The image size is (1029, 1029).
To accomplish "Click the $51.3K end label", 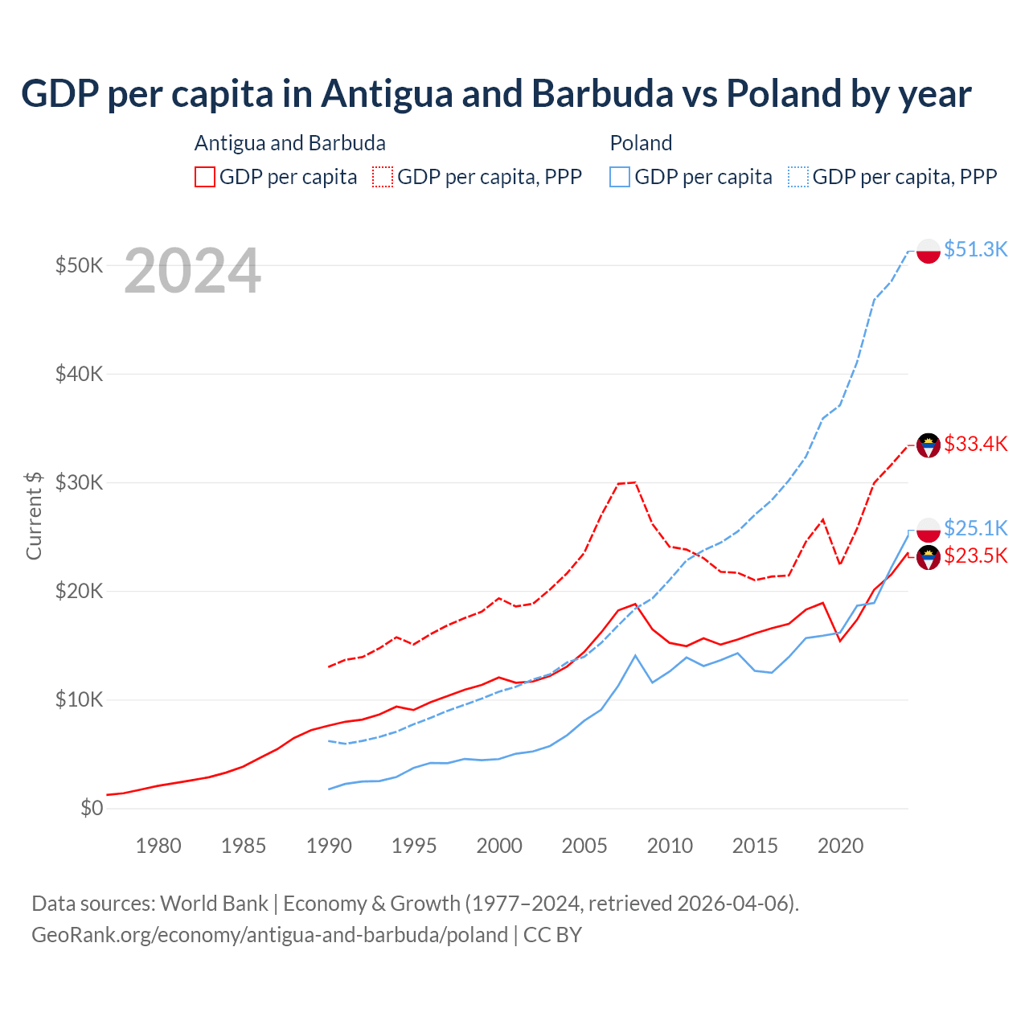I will tap(975, 249).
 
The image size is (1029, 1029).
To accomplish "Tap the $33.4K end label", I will tap(975, 444).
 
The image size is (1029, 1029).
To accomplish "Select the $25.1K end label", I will tap(975, 528).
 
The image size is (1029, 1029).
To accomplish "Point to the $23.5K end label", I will tap(975, 555).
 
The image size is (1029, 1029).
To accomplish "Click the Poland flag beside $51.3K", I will tap(929, 251).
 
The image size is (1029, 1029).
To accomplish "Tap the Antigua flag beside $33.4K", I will tap(929, 445).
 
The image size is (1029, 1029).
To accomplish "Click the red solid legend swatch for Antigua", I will tap(205, 177).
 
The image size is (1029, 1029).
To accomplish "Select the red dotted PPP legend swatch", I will tap(383, 177).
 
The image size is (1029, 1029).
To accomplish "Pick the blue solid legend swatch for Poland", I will tap(620, 177).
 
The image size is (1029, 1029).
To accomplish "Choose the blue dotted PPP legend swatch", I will tap(798, 177).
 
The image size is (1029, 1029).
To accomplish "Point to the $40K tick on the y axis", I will tap(79, 374).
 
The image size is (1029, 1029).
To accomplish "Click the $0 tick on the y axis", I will tap(92, 808).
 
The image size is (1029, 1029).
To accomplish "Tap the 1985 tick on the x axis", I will tap(244, 846).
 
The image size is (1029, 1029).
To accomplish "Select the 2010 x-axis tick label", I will tap(670, 846).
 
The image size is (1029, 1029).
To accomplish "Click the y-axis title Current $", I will tap(34, 515).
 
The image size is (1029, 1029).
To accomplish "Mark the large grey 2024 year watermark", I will tap(192, 271).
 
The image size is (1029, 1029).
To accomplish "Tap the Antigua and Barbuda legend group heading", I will tap(290, 143).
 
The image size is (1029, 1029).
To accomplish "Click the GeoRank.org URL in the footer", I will tap(269, 935).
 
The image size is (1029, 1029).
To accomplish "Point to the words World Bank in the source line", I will tap(214, 904).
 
